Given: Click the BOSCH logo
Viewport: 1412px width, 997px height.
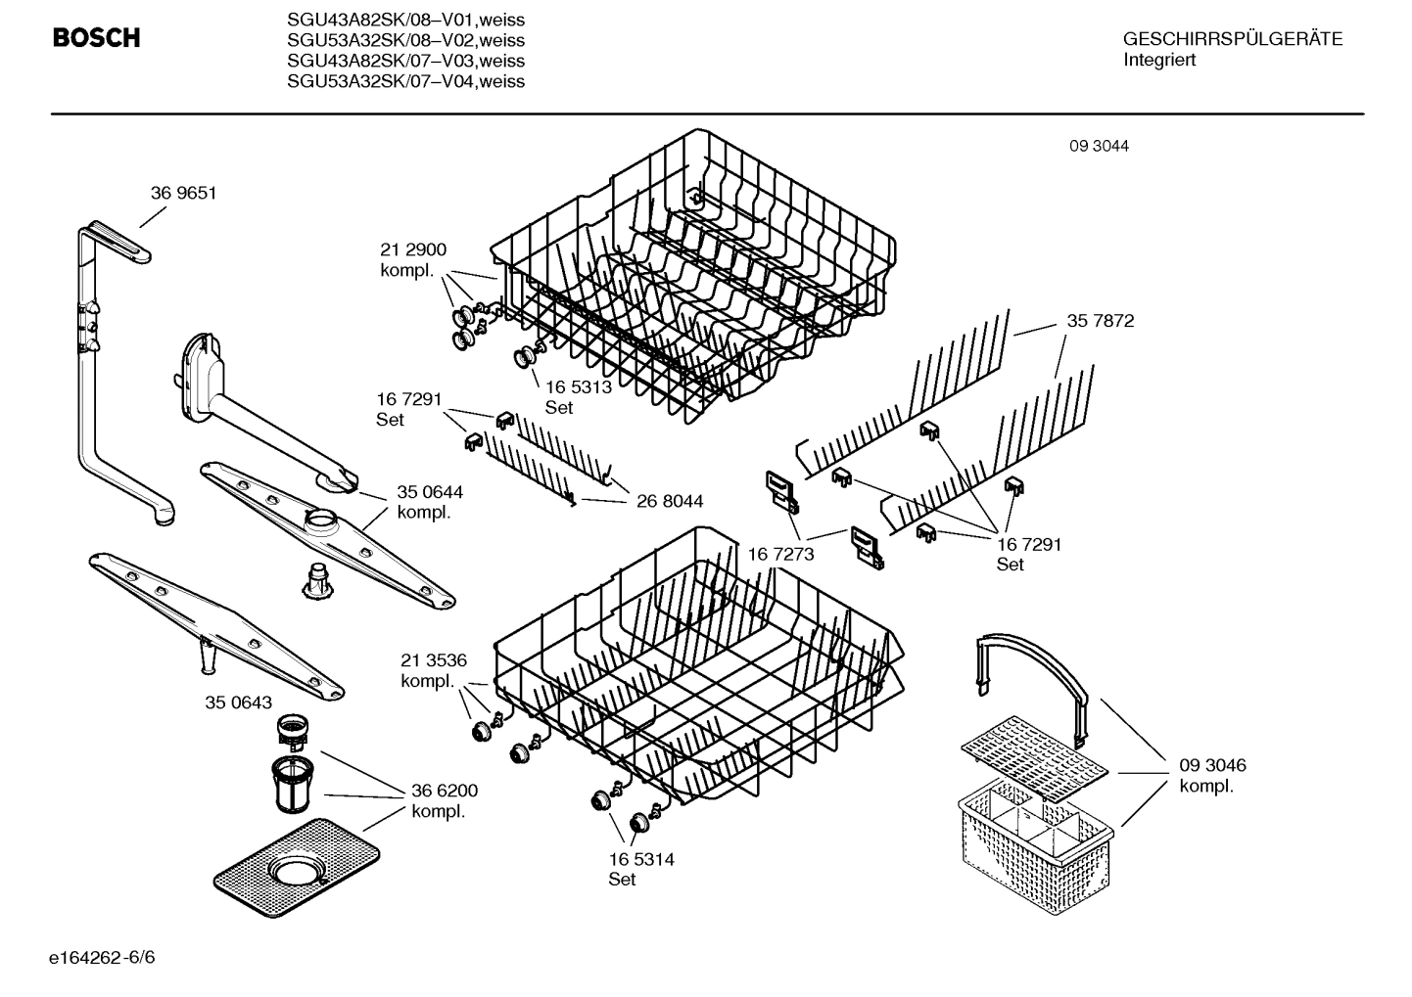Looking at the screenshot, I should coord(96,38).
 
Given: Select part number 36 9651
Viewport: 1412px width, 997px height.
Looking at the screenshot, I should coord(183,194).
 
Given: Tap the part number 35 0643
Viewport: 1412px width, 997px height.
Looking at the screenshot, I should coord(238,702).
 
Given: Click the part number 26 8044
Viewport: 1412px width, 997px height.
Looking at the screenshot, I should coord(669,501).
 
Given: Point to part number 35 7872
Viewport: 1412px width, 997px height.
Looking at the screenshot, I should coord(1100,321).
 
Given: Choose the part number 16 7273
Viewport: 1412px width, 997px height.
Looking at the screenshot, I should coord(780,555).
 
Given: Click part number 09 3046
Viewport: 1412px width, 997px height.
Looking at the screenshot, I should coord(1212,765).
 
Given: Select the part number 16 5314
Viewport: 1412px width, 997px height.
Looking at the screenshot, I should coord(640,859).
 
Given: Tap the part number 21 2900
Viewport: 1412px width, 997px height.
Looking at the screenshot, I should coord(412,250).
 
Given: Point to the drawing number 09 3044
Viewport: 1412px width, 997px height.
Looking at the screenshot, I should coord(1098,147).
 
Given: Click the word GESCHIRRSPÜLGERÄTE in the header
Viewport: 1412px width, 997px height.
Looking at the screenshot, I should coord(1232,40).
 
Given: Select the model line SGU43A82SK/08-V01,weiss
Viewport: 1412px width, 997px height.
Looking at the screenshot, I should coord(405,20).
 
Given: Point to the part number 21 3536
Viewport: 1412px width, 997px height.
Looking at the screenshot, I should coord(433,661).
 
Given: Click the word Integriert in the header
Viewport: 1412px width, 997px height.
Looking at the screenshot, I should coord(1159,61).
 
